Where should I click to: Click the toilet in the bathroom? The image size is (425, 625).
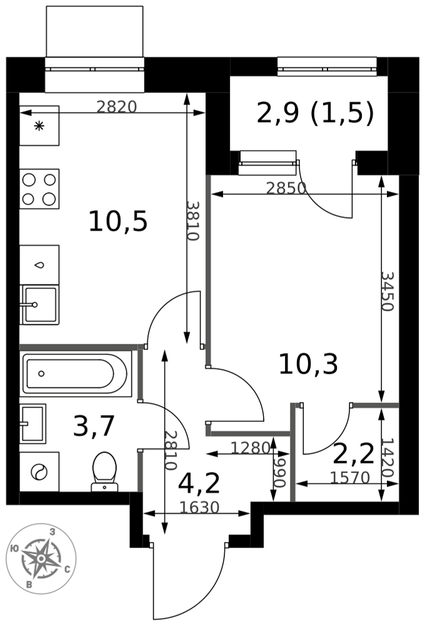pos(104,471)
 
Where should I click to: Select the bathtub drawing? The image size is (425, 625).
pos(76,374)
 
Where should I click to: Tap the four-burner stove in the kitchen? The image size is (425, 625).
pos(39,189)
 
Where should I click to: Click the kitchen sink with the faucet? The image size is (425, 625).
pos(39,305)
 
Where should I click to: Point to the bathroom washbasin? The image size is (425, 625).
pos(32,423)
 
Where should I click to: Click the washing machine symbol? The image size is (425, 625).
pos(39,471)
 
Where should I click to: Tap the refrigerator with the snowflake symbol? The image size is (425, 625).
pos(39,126)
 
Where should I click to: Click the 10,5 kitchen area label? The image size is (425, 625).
pos(118,222)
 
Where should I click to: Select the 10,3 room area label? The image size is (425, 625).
pos(308,364)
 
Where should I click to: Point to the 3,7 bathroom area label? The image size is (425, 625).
pos(94,426)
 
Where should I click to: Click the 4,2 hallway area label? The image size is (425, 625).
pos(199,483)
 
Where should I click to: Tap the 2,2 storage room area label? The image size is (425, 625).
pos(353,454)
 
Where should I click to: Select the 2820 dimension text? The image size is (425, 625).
pos(117,107)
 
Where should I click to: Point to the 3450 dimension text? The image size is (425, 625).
pos(387,291)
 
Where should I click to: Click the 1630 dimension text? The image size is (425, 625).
pos(199,507)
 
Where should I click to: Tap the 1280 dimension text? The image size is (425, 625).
pos(251,448)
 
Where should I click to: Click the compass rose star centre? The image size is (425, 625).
pos(41,558)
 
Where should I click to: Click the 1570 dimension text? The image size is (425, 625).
pos(351,477)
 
